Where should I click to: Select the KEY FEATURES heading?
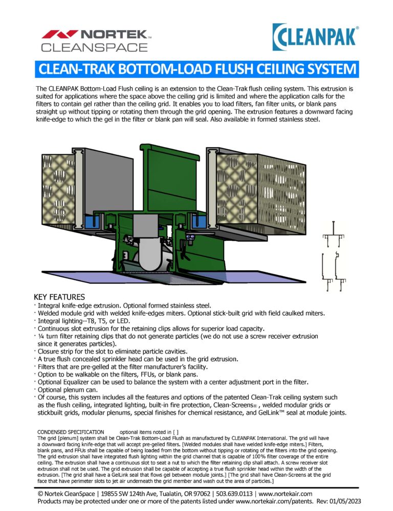coord(59,297)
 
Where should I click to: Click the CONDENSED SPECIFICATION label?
coord(71,432)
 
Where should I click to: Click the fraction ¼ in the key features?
coord(41,337)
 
